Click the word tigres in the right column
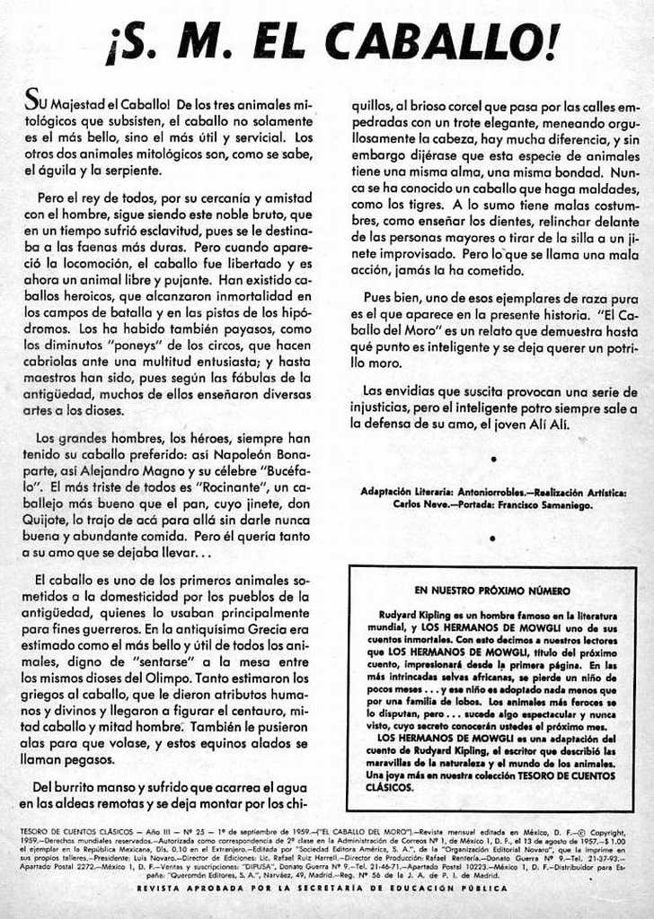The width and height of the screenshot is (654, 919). click(x=397, y=205)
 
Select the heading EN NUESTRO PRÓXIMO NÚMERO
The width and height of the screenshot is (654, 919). click(x=492, y=591)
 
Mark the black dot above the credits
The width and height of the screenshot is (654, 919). click(x=493, y=459)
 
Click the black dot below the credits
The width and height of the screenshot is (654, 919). click(x=493, y=538)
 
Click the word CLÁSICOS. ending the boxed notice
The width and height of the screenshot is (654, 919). click(x=391, y=787)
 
